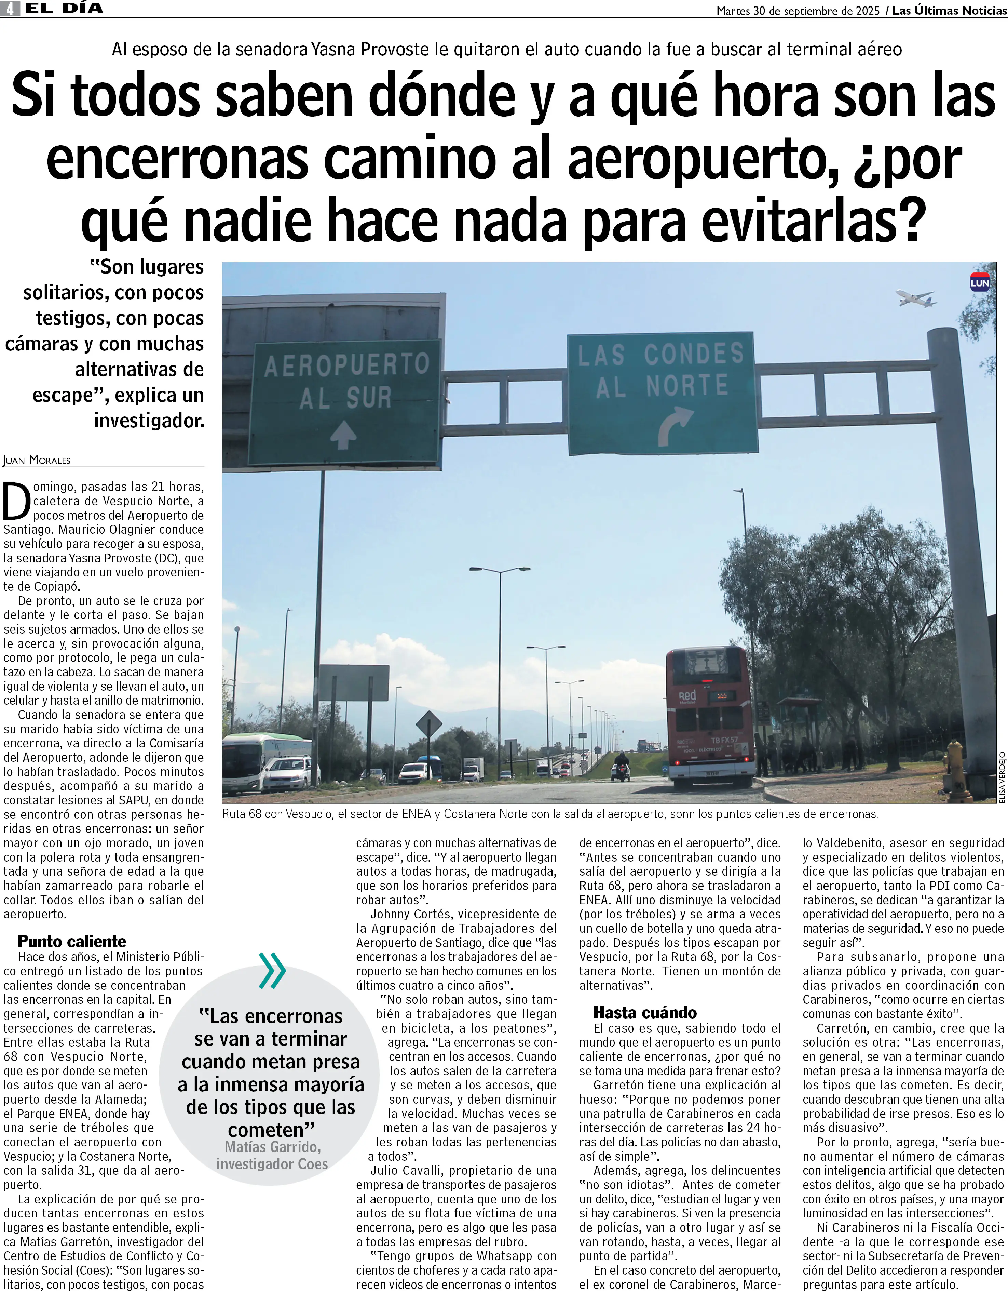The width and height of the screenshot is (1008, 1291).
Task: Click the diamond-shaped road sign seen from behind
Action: click(x=429, y=724)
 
